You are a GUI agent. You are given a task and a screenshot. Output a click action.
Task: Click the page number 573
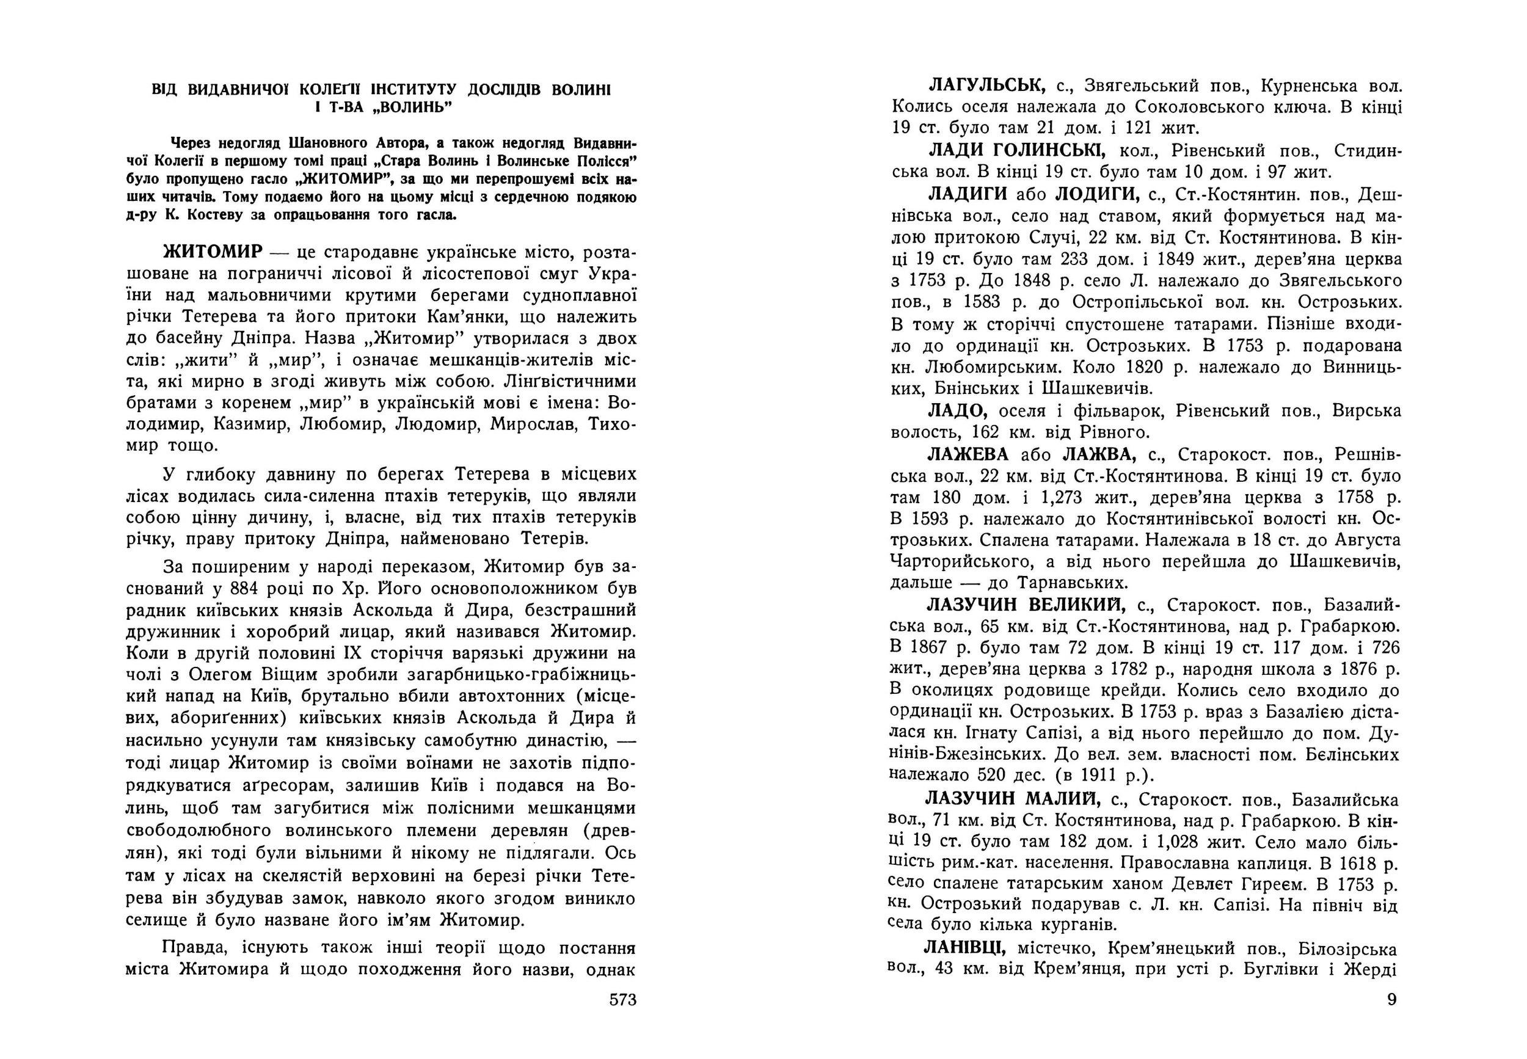click(x=622, y=1000)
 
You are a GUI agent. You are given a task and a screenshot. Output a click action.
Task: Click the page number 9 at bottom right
click(x=1391, y=999)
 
